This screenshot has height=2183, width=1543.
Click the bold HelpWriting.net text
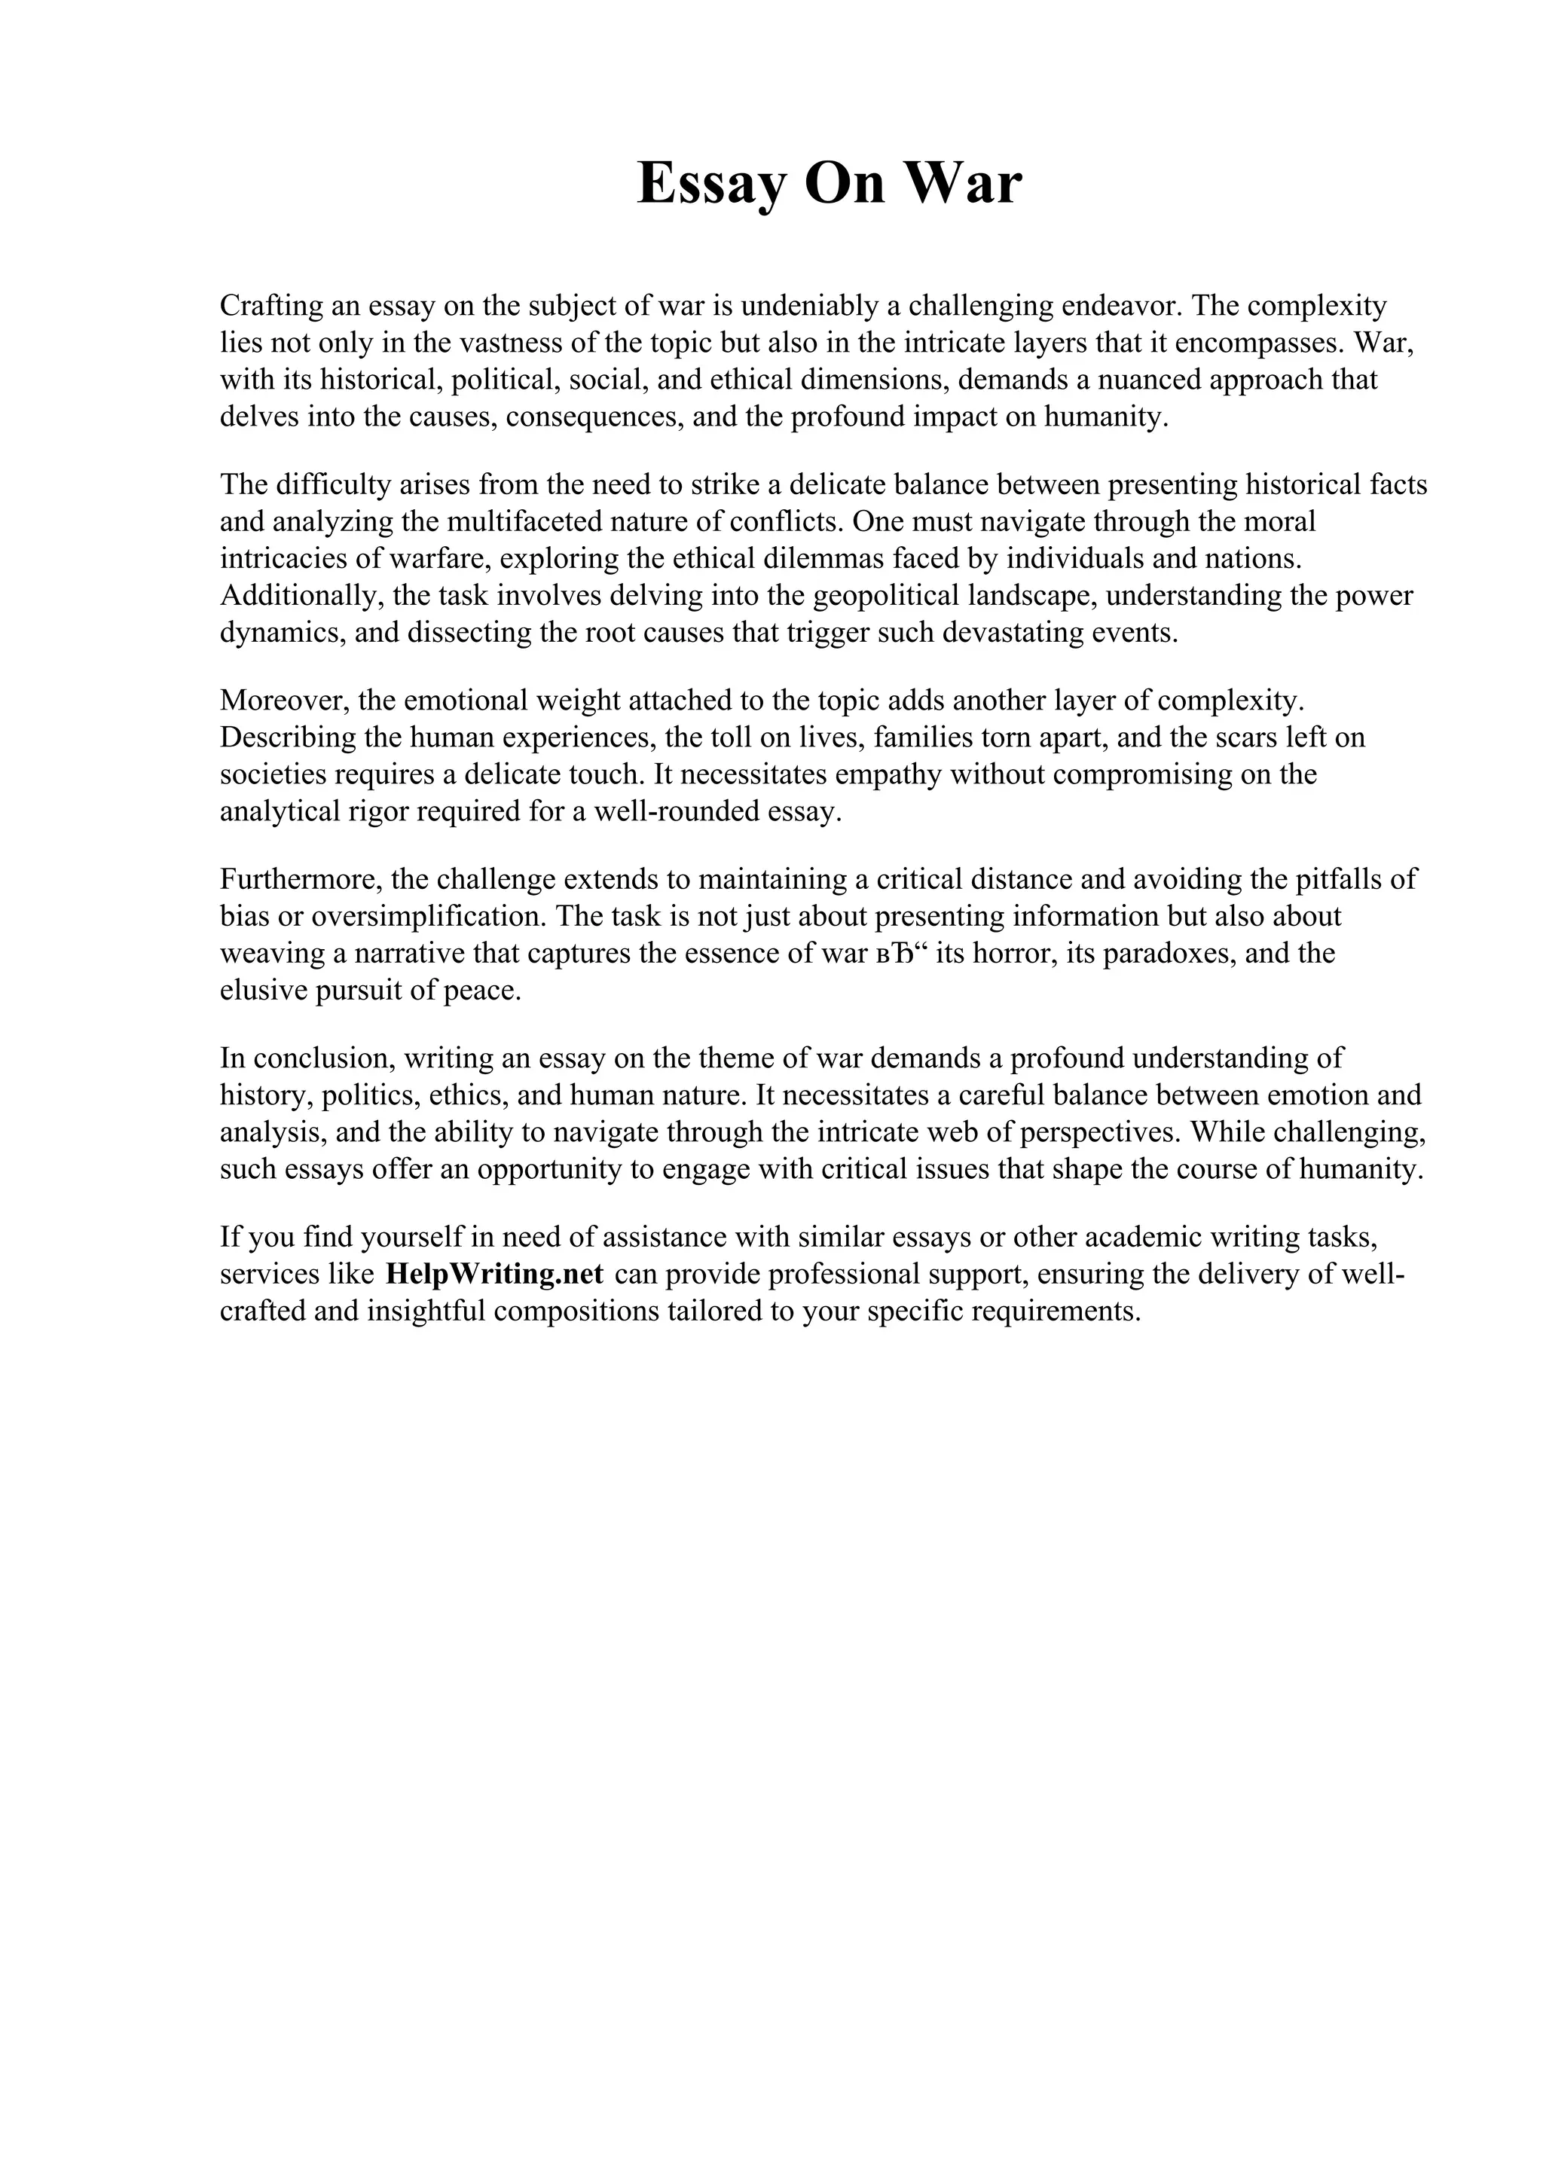pos(494,1274)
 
